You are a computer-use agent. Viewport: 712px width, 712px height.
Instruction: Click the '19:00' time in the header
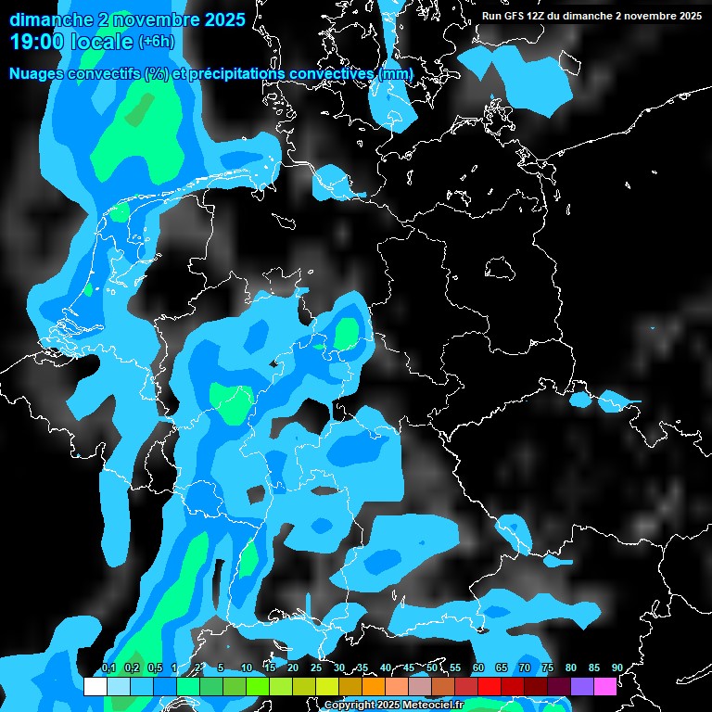tap(36, 42)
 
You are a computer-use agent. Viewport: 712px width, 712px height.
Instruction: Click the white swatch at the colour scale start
tap(95, 686)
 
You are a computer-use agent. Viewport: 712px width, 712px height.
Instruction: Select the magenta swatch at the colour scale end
tap(604, 686)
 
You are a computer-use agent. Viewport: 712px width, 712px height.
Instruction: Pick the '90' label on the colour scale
tap(617, 668)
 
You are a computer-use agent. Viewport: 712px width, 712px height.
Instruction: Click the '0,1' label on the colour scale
tap(108, 668)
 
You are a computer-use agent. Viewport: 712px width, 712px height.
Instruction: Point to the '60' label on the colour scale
tap(477, 668)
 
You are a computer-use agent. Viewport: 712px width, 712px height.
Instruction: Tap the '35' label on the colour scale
tap(362, 668)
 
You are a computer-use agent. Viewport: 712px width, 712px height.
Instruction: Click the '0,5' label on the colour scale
tap(154, 668)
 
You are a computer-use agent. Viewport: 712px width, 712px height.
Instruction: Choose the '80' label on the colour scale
tap(570, 668)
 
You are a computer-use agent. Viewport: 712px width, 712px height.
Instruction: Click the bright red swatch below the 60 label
tap(489, 686)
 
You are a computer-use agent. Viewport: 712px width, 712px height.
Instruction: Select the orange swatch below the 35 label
tap(373, 686)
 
